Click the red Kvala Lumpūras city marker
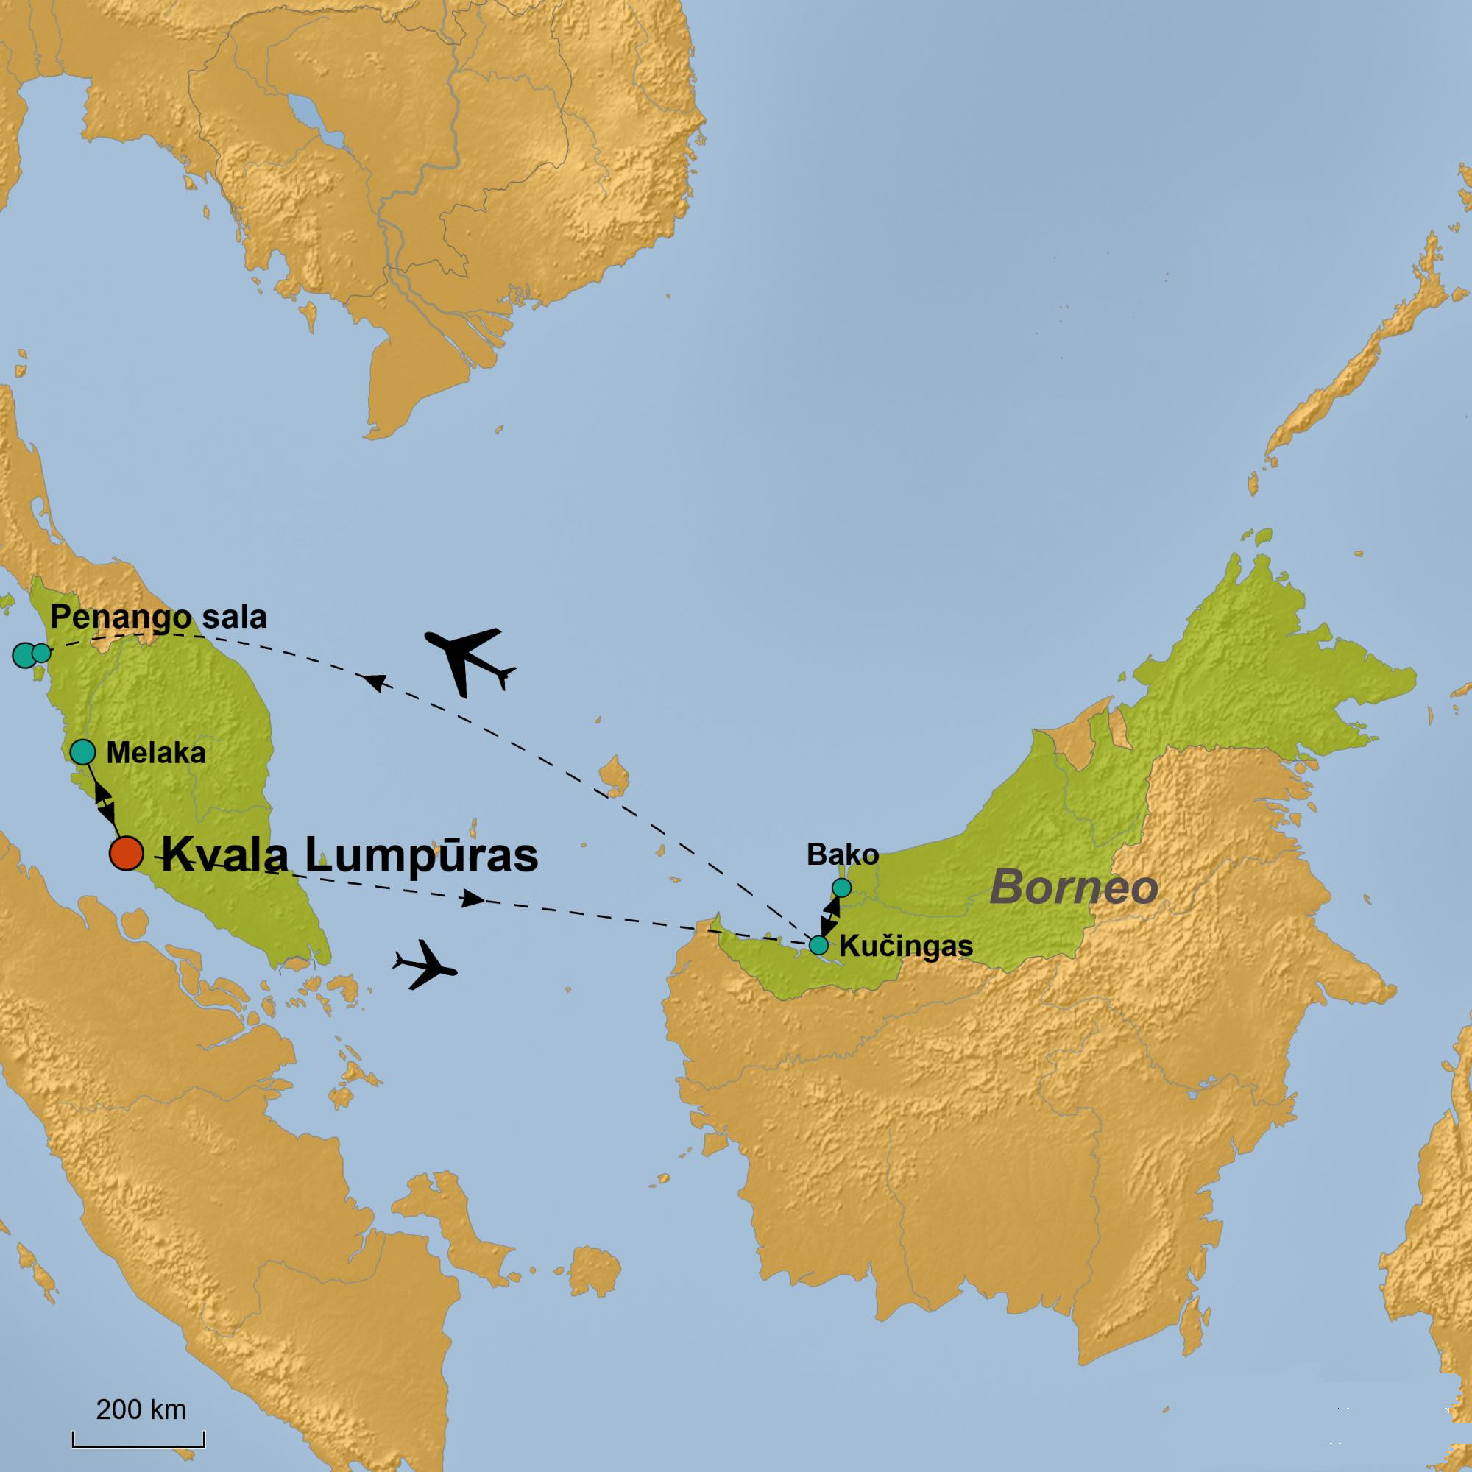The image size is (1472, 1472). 127,853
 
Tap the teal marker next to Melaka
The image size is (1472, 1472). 82,752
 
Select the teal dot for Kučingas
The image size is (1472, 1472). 818,946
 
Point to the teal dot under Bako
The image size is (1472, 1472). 841,888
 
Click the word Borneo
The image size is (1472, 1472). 1074,888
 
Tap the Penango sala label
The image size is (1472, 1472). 158,618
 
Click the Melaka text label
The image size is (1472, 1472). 155,754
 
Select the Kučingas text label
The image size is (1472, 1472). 905,946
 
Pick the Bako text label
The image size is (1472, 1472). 843,854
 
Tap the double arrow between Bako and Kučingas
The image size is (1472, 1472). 829,916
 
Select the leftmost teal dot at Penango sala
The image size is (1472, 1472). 24,654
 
